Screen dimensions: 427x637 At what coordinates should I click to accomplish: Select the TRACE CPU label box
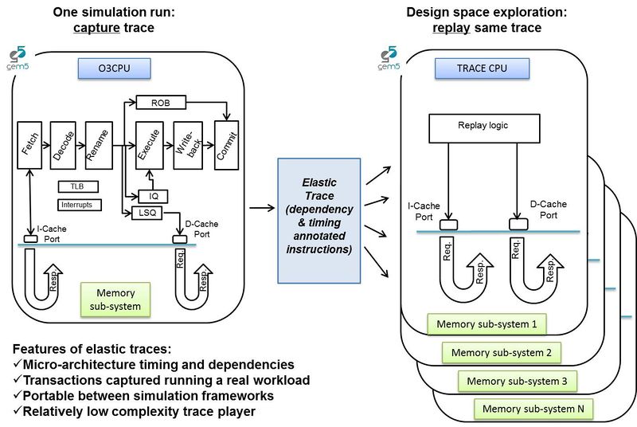[x=472, y=69]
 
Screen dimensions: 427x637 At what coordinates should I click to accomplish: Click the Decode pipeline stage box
[x=62, y=145]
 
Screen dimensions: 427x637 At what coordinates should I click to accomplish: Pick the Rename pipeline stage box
[x=95, y=145]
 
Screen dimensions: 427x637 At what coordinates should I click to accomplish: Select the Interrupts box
[x=76, y=205]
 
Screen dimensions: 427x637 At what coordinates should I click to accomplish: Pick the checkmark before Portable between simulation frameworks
[x=17, y=395]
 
